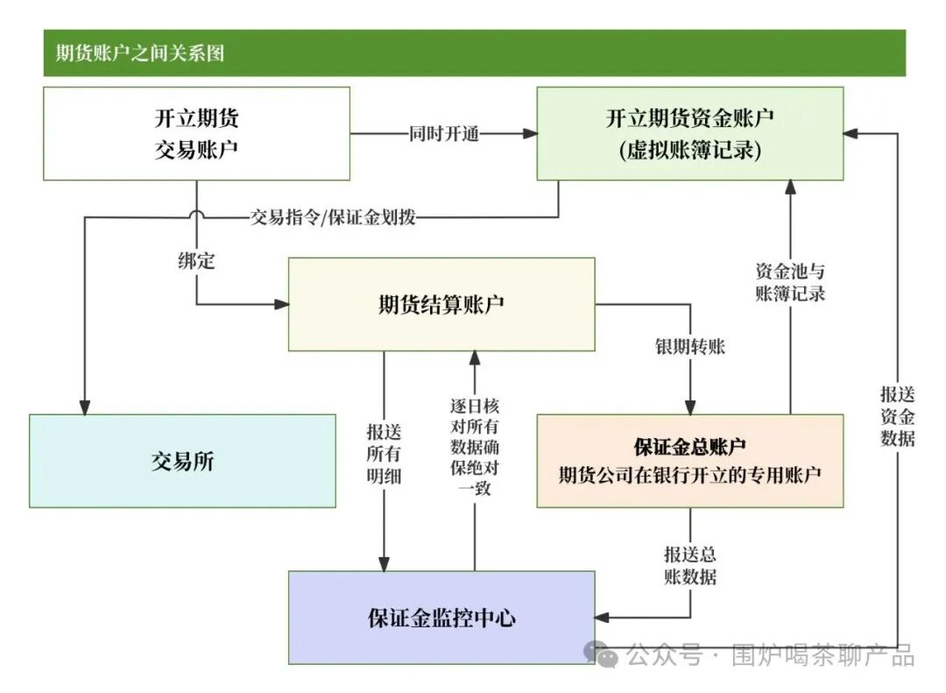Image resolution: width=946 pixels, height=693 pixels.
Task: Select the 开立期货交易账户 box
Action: (196, 133)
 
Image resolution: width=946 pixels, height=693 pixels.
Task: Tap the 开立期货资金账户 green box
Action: (689, 133)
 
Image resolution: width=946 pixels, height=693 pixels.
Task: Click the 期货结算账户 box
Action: (441, 304)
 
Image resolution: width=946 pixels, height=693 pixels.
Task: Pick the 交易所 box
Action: (182, 461)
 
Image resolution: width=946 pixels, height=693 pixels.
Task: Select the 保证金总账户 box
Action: (689, 461)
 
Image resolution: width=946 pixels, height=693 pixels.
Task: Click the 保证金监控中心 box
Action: (441, 618)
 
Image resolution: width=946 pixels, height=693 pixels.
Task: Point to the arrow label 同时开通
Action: (443, 134)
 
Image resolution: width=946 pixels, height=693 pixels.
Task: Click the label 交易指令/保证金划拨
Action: (333, 217)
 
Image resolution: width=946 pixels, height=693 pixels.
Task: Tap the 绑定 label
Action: (196, 260)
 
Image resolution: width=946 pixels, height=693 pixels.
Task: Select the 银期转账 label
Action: (689, 346)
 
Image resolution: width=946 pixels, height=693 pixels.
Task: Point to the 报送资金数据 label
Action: (897, 416)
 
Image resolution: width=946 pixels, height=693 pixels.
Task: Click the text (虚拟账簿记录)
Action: (689, 151)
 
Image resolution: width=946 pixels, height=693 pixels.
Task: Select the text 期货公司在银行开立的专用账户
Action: (689, 475)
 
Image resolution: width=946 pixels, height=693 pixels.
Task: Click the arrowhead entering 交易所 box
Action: (85, 407)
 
